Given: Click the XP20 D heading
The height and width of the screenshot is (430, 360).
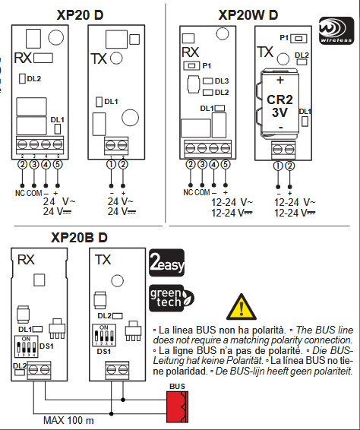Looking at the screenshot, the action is (80, 14).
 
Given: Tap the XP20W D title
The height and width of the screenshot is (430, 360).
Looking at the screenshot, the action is (248, 14).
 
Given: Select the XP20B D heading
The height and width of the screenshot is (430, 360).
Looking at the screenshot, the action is (79, 238).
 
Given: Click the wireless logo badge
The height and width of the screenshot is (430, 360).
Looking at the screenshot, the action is (336, 30).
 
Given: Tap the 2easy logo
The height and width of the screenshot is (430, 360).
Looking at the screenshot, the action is (166, 263).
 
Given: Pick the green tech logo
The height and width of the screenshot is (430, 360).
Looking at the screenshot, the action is (172, 298).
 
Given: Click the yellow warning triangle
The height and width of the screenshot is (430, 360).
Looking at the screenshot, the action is (242, 307).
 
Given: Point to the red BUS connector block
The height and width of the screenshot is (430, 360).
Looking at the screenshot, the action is (178, 407).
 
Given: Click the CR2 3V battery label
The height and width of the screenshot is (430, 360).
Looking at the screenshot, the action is (279, 106).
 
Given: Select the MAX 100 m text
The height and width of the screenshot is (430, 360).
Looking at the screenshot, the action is (68, 420).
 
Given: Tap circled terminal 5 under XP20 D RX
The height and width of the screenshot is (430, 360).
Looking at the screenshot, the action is (58, 165).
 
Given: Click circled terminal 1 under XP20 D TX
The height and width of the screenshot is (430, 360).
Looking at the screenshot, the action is (112, 165).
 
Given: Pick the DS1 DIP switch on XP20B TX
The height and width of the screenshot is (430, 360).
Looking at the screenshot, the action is (104, 336).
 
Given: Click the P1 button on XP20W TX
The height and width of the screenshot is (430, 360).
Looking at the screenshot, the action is (298, 39).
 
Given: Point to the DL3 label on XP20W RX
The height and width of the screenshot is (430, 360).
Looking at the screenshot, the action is (222, 81).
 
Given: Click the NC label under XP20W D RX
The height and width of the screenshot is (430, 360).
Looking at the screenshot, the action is (188, 192).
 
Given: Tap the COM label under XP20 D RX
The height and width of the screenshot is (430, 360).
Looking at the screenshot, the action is (34, 193).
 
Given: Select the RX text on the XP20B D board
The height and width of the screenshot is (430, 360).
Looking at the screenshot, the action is (26, 260).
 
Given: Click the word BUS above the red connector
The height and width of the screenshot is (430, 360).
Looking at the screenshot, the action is (178, 387).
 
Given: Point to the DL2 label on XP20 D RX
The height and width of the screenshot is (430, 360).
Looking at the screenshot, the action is (34, 79).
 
